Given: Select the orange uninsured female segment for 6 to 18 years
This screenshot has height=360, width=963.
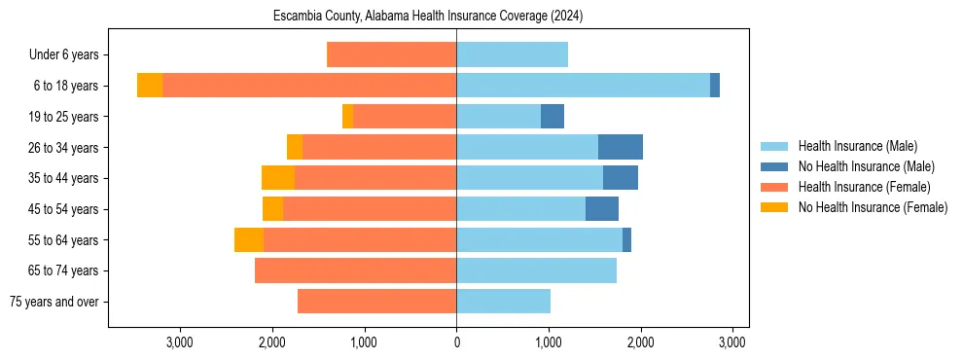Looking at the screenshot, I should tap(150, 86).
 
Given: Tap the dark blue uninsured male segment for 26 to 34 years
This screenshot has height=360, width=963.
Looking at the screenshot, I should tap(620, 147).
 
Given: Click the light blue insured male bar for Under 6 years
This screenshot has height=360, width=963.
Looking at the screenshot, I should tap(512, 54).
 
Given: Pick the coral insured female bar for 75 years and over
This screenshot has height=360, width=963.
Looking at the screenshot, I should tap(376, 302).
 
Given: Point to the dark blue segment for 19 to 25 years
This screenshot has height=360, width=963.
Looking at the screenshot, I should tap(553, 117).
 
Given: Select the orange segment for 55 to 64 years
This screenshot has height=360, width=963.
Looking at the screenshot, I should tap(249, 239).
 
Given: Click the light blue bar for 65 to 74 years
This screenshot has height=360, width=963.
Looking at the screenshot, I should tap(536, 270).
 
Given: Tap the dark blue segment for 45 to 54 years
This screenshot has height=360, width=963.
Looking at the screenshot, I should tap(602, 209).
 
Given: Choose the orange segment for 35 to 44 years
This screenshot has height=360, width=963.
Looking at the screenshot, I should tap(278, 178).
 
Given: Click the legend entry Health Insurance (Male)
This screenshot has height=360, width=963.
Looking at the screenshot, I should tap(857, 146).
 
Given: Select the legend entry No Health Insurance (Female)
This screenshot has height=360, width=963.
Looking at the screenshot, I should tap(873, 207).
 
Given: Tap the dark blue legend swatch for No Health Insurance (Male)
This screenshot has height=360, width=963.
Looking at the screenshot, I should tap(774, 166).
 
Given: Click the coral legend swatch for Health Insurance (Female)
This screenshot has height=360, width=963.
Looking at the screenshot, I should tap(774, 187).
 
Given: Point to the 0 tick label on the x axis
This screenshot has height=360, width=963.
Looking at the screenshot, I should tap(456, 342).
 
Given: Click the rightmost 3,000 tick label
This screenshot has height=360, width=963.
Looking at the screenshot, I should tap(732, 342).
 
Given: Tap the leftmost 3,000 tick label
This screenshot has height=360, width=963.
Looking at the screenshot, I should tap(180, 342).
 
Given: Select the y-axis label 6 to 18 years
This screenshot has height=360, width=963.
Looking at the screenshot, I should tap(65, 86).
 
